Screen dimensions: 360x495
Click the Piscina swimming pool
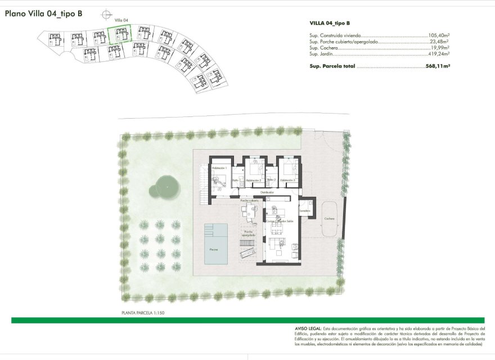pos(216,244)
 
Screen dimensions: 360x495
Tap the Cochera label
pos(329,218)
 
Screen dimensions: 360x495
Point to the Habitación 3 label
pos(287,180)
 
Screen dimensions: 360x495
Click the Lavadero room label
pos(305,211)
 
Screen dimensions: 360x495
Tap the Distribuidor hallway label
pos(267,192)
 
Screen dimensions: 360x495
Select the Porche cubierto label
pos(250,200)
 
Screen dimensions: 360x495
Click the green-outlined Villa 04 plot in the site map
pos(120,35)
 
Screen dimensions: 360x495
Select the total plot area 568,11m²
pos(437,66)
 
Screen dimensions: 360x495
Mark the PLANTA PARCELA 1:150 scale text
pos(143,312)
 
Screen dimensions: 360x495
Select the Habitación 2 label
pos(254,180)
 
